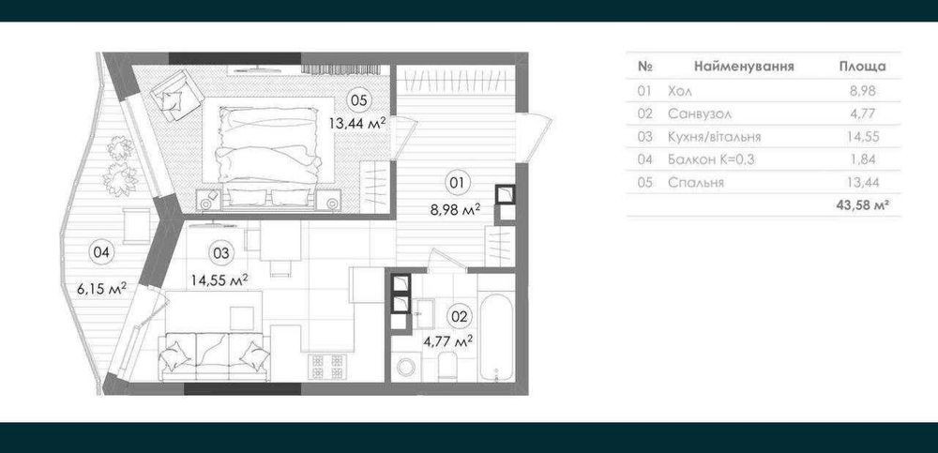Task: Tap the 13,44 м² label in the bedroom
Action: coord(356,123)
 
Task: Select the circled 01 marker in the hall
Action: coord(457,184)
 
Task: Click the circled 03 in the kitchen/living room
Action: coord(221,252)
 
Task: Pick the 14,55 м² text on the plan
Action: coord(219,279)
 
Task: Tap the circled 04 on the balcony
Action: coord(101,252)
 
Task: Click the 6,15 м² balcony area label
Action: coord(101,289)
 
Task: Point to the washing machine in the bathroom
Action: coord(409,366)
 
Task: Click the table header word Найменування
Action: coord(744,67)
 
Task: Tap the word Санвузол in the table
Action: coord(700,113)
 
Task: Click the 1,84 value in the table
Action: coord(863,159)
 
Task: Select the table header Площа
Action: coord(863,67)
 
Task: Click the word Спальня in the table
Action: coord(696,183)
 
